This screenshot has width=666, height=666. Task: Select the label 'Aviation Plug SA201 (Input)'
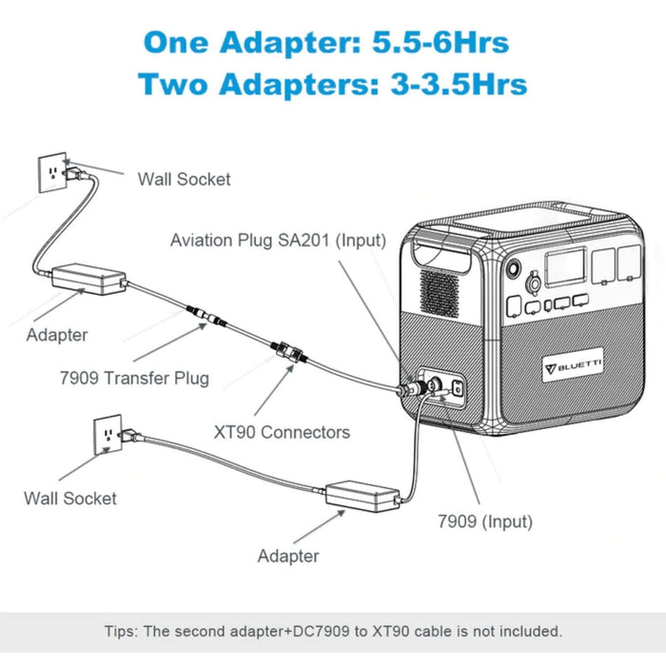[x=278, y=240]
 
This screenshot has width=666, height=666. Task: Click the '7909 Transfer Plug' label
[x=132, y=378]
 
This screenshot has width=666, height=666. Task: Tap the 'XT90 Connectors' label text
[x=282, y=432]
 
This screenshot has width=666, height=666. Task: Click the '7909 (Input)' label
[x=484, y=521]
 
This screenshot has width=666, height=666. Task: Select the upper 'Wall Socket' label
[x=184, y=179]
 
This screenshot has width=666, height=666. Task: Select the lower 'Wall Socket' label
[x=70, y=498]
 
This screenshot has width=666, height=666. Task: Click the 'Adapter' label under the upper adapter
[x=57, y=335]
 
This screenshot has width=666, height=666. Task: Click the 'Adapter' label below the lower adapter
[x=288, y=556]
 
